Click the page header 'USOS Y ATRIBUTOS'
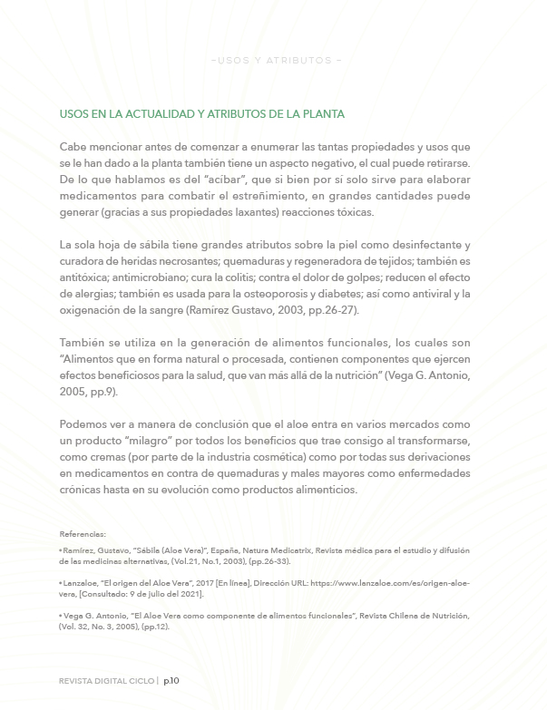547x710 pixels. pyautogui.click(x=275, y=61)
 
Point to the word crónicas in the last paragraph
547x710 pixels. pyautogui.click(x=83, y=490)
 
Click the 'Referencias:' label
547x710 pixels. pyautogui.click(x=83, y=534)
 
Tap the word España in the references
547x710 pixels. pyautogui.click(x=220, y=550)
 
